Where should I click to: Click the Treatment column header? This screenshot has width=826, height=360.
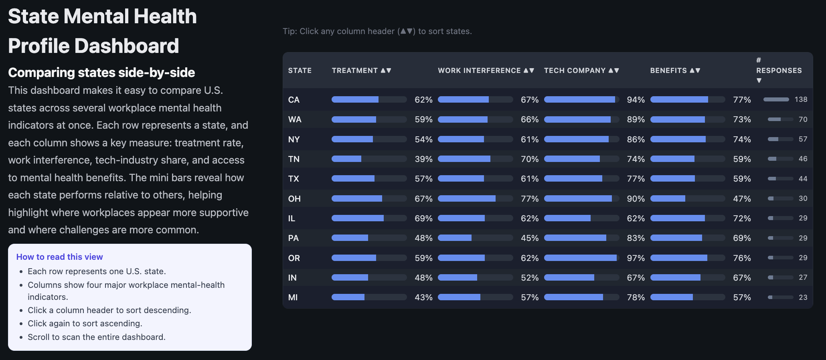click(x=361, y=71)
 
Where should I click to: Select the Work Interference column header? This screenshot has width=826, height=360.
click(x=486, y=71)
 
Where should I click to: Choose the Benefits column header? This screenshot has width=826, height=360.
click(x=675, y=71)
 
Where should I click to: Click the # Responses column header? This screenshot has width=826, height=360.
click(x=778, y=71)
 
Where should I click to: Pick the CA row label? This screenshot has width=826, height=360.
click(x=294, y=100)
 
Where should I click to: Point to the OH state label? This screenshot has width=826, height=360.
click(x=294, y=199)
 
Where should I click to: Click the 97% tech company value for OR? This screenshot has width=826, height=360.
click(x=636, y=258)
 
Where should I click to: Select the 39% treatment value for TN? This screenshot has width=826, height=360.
click(x=423, y=159)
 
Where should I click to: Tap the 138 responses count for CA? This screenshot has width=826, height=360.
click(x=801, y=99)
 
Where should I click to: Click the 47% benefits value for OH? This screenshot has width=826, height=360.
click(x=742, y=199)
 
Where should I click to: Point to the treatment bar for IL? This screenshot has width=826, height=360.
click(x=369, y=218)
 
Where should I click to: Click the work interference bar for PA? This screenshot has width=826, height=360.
click(x=475, y=238)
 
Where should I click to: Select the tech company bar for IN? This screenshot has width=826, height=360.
click(x=581, y=277)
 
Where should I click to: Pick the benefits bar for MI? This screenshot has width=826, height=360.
click(x=687, y=297)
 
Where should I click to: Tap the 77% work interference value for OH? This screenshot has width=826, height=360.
click(x=529, y=199)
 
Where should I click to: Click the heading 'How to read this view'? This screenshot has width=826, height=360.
click(x=59, y=257)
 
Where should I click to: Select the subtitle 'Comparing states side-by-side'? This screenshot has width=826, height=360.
click(x=101, y=73)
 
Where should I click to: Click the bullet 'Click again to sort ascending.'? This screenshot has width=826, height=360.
click(x=85, y=324)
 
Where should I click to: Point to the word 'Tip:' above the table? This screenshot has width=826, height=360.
click(x=290, y=31)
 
